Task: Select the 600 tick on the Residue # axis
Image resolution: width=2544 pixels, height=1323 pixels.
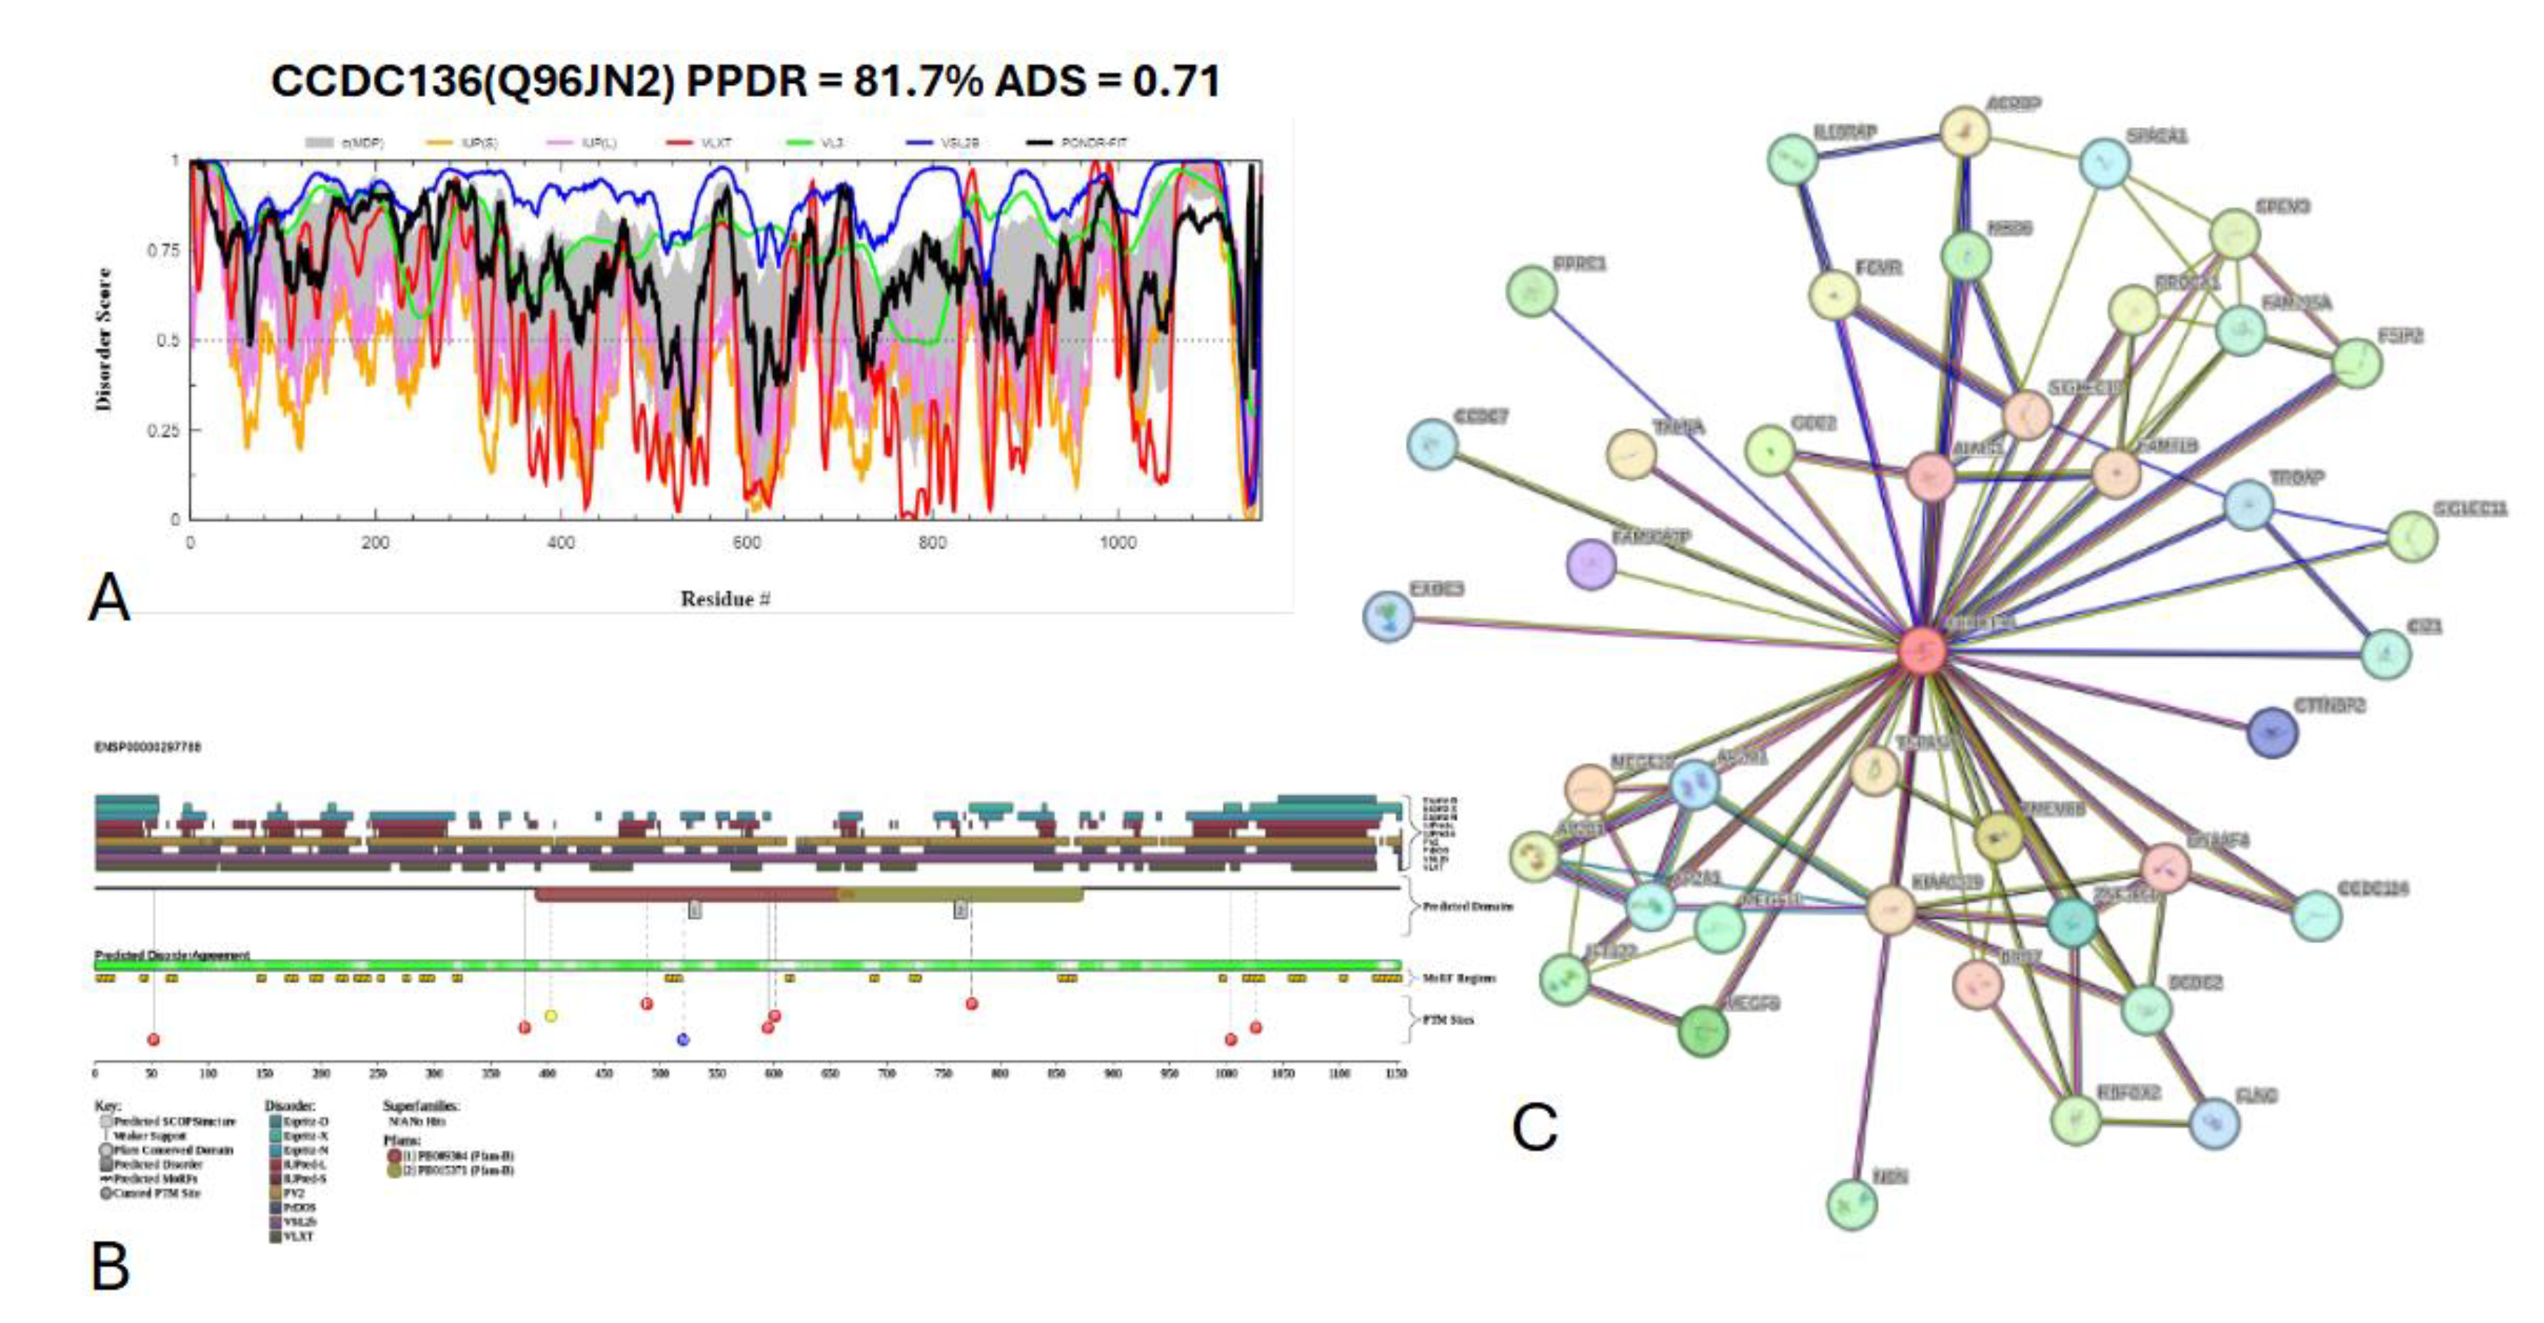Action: click(746, 542)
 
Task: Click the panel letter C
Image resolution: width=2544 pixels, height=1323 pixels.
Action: click(1534, 1126)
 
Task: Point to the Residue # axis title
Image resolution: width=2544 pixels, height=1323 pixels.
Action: click(725, 599)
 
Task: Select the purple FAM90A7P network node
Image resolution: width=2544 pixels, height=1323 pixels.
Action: click(1591, 565)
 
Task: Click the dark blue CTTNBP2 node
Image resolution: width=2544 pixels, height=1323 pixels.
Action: click(2271, 732)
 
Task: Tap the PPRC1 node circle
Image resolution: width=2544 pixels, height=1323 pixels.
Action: click(1531, 291)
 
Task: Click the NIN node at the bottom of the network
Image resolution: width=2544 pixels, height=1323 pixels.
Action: click(1851, 1203)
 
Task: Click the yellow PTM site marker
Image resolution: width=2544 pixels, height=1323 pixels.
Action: click(551, 1016)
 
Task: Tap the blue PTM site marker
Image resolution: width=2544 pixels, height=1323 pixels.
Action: click(682, 1038)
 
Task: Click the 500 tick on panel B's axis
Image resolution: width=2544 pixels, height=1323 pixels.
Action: click(661, 1073)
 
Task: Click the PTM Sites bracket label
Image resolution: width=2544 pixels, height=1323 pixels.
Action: click(1448, 1020)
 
